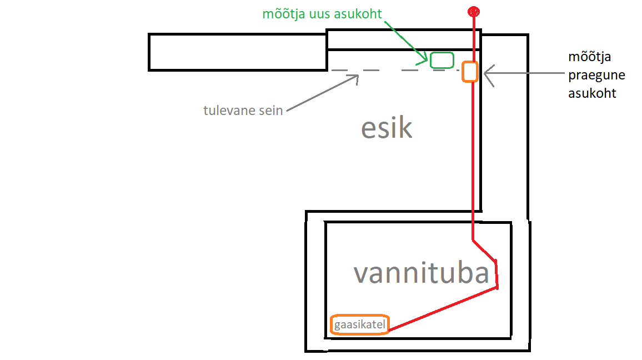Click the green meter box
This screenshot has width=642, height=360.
442,59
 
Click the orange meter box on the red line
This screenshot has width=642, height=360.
470,72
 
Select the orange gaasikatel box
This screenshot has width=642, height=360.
359,324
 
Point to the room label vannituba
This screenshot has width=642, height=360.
422,273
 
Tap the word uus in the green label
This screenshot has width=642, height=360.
319,14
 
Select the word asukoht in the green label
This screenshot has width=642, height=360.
359,14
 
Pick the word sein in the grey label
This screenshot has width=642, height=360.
270,110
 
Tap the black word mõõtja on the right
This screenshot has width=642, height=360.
587,57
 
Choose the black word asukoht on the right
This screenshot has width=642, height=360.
592,93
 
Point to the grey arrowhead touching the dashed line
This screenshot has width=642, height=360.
355,78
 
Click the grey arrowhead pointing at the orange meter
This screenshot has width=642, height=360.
487,72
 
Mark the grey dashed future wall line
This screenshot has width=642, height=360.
389,71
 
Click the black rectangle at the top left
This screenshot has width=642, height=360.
237,52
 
